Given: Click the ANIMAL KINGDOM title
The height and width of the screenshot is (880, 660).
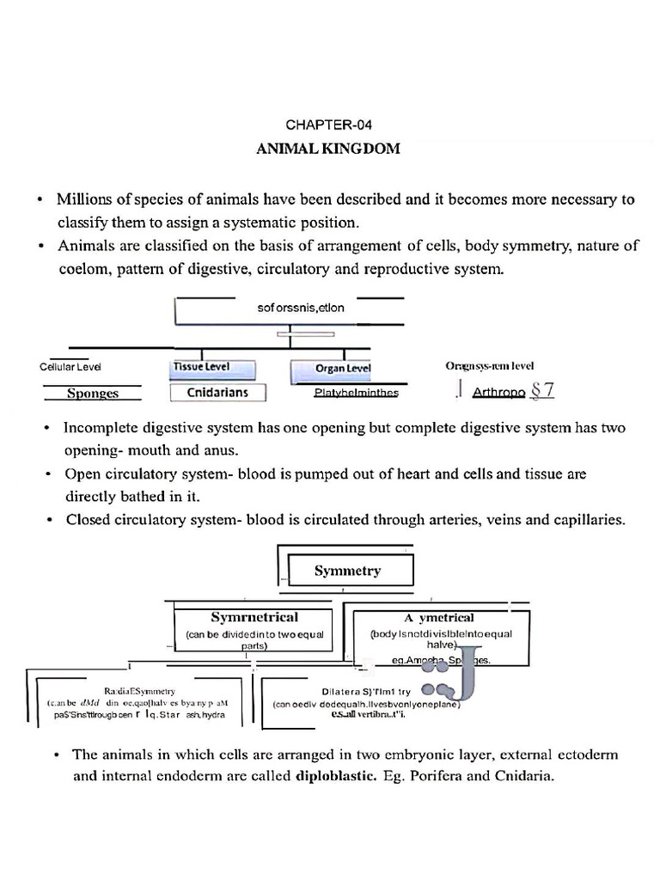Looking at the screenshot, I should point(328,149).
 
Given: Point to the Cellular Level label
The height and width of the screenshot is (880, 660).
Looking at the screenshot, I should point(70,366).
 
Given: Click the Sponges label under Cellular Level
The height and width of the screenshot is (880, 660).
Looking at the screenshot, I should point(93,394).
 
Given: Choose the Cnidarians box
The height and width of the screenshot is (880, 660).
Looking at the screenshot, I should point(217,393).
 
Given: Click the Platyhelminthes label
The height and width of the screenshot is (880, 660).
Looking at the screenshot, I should point(356,393).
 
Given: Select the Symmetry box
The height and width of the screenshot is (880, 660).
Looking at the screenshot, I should point(348,570).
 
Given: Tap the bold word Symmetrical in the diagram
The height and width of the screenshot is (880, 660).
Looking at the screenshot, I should point(254,617).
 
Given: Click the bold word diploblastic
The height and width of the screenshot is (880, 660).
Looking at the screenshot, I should point(335,779).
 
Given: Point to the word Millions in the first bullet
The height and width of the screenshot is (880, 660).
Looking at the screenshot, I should point(84,200).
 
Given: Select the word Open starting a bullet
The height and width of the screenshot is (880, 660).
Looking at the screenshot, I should point(82,474).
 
